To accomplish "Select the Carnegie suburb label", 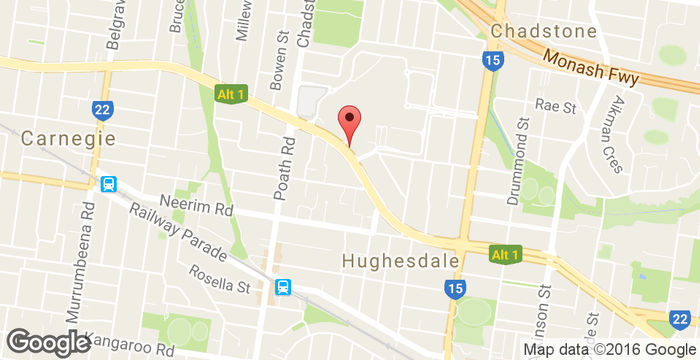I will [68, 137].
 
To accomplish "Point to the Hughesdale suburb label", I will [400, 260].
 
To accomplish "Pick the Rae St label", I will [556, 105].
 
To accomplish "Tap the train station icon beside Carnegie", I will [107, 184].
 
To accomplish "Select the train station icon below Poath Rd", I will [284, 287].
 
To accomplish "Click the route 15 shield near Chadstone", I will [491, 61].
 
